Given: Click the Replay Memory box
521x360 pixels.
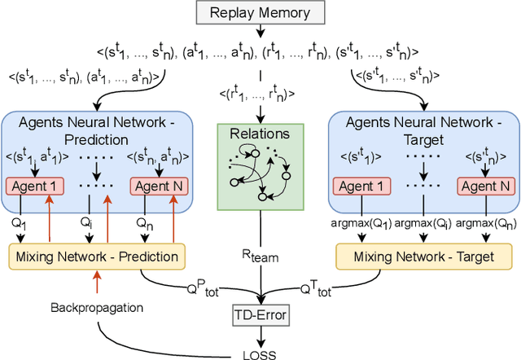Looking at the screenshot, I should pos(260,13).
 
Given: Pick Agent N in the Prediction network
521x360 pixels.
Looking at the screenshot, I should pos(160,186).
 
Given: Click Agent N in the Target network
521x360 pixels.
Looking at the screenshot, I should pos(486,186).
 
